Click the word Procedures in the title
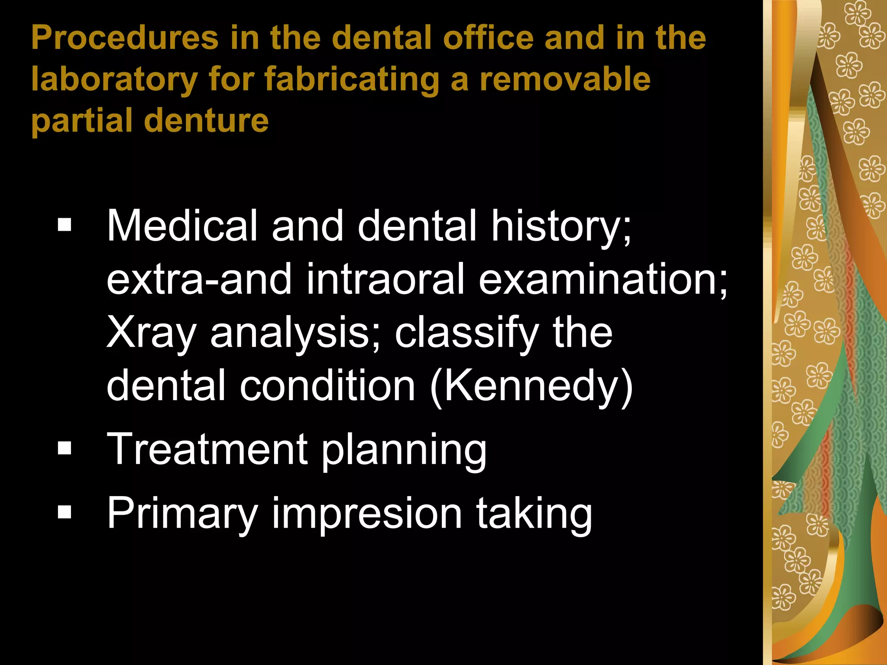pos(125,38)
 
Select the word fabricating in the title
pos(352,80)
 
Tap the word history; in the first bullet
pos(561,226)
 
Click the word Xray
pos(151,333)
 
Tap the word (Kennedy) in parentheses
pos(532,386)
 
